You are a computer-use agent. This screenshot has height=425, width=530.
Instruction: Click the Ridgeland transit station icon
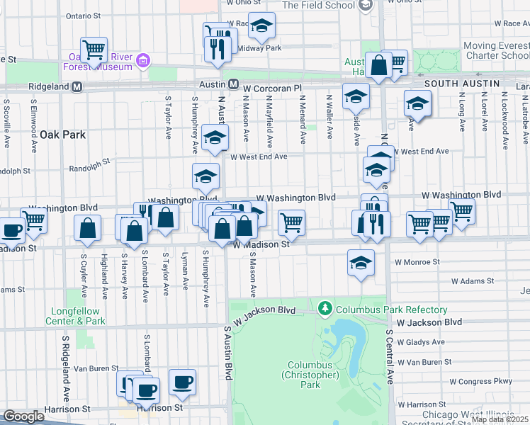click(x=77, y=86)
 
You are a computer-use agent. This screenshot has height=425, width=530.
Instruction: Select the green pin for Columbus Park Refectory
click(x=325, y=309)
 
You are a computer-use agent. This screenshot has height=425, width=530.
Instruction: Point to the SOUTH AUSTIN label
click(x=458, y=84)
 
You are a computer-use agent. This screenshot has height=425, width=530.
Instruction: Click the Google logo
click(x=23, y=416)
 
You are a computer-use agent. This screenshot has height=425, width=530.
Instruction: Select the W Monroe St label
click(x=417, y=261)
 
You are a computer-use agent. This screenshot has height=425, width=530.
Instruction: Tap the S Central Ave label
click(x=390, y=356)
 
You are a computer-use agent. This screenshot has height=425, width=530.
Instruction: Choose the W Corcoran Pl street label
click(x=277, y=88)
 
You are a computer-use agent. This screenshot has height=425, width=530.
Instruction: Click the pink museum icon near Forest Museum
click(x=144, y=62)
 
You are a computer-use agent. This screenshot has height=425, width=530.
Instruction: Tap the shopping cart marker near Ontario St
click(x=94, y=50)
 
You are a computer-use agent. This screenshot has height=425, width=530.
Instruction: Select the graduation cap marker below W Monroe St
click(x=361, y=263)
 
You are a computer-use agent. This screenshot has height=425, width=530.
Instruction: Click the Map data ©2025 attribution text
click(x=500, y=419)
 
